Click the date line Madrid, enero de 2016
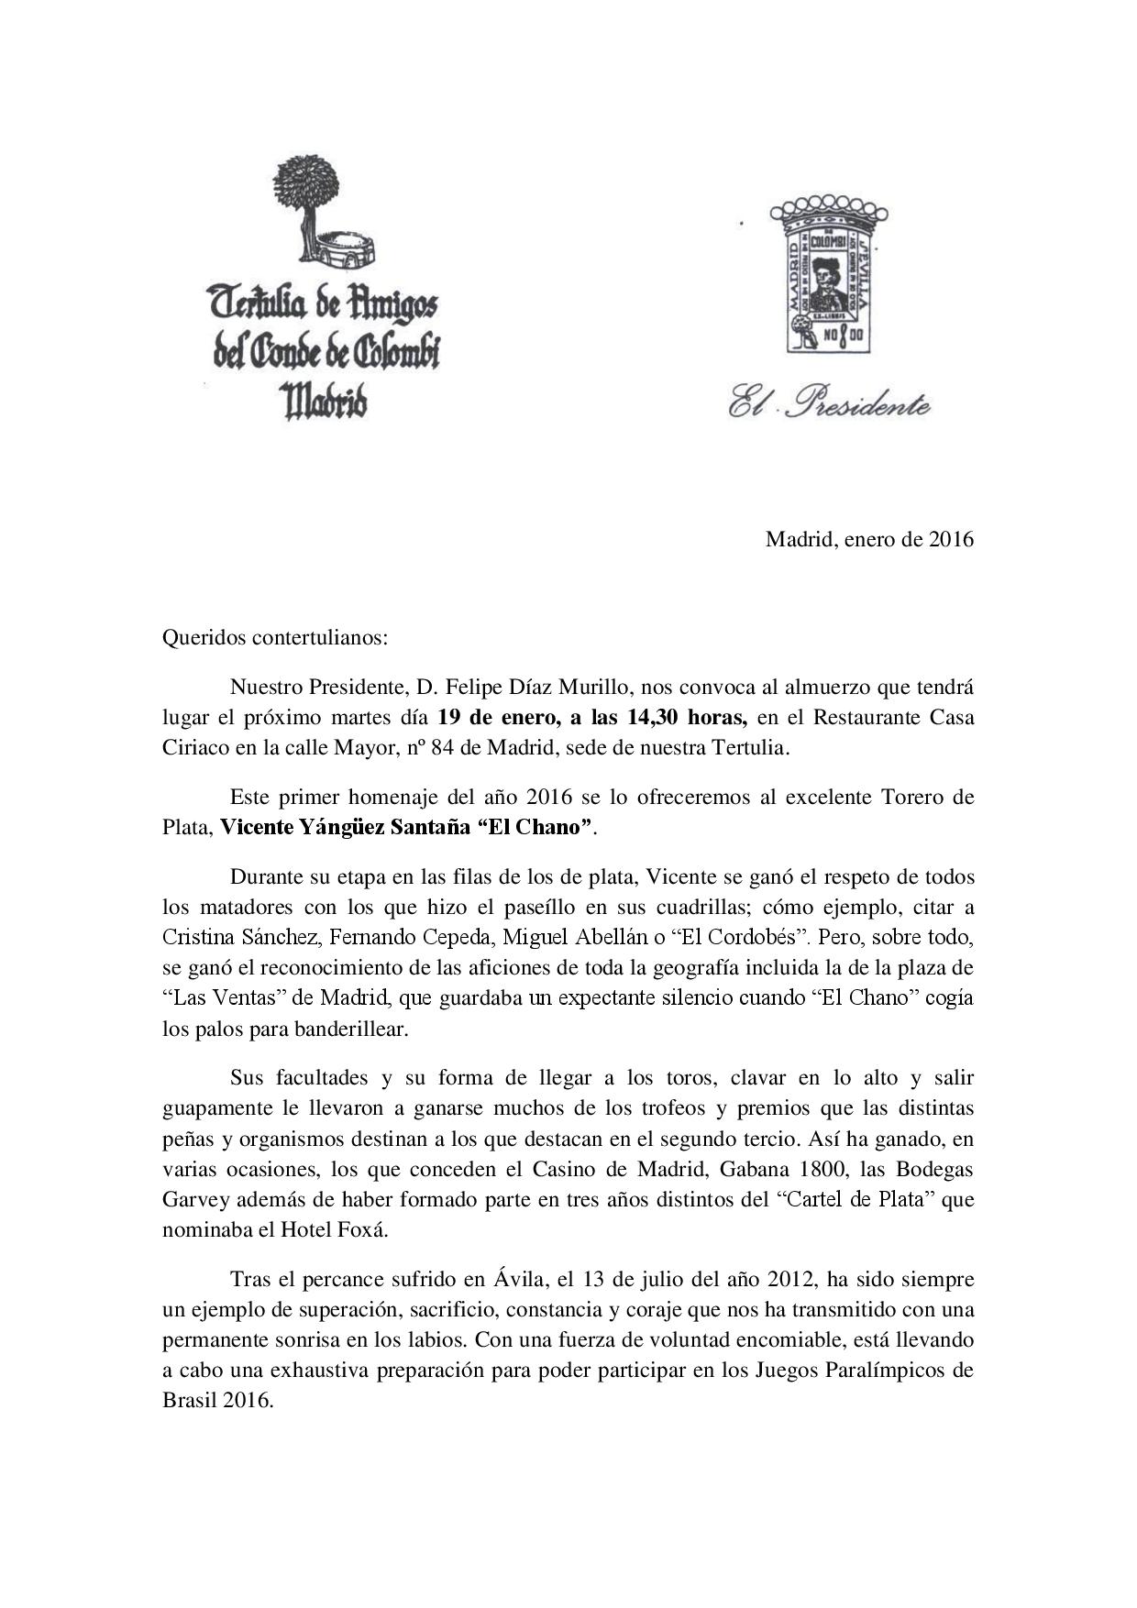(869, 540)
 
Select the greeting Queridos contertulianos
(275, 638)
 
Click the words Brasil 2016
(217, 1401)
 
